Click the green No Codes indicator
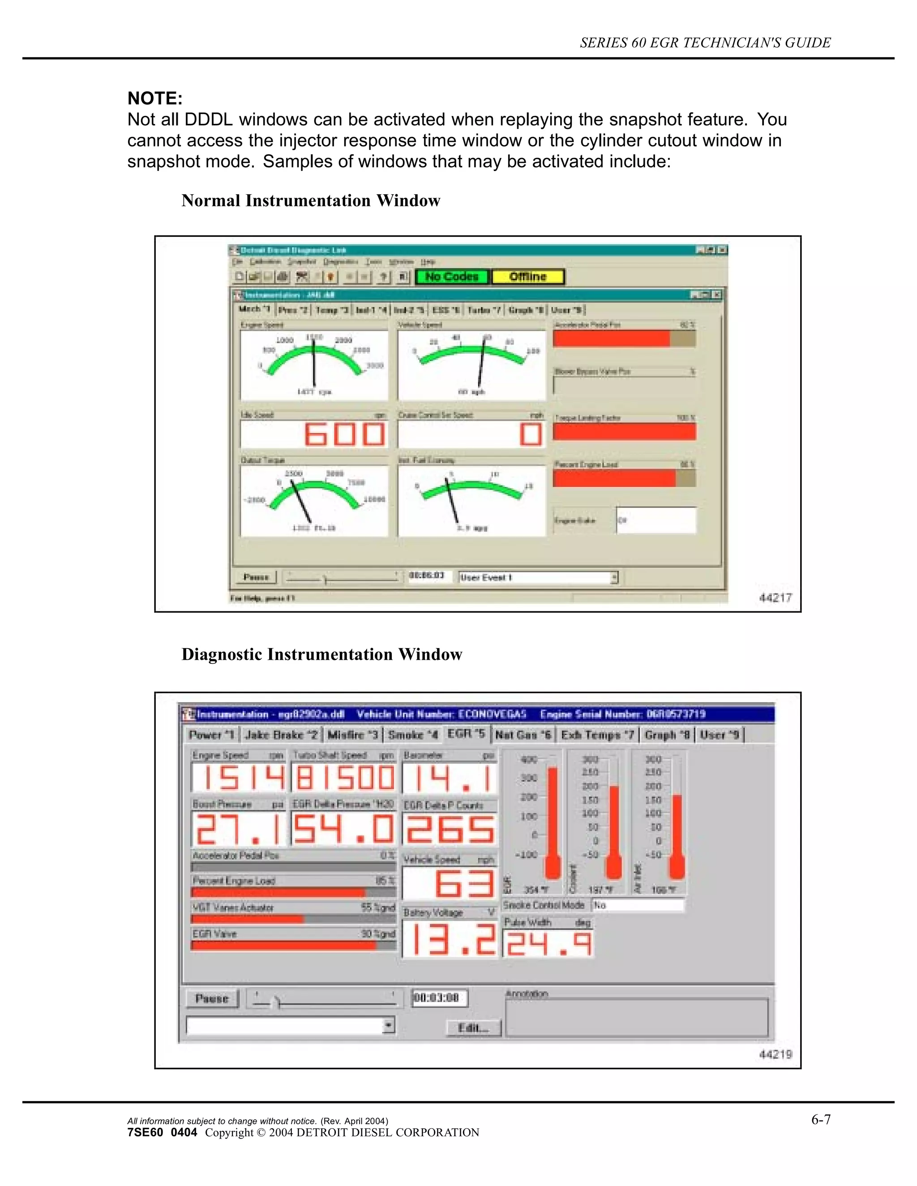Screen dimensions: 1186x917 [x=452, y=277]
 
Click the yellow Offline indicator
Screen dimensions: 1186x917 [x=527, y=277]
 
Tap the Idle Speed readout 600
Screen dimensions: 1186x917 [x=344, y=435]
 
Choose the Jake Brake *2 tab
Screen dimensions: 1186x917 [x=281, y=735]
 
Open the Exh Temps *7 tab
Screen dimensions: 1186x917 [x=597, y=735]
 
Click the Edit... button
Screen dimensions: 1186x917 [x=473, y=1028]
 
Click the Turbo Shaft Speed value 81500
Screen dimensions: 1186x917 [x=344, y=778]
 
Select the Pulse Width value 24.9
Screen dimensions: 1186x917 [x=548, y=944]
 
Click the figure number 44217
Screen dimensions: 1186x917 [x=775, y=598]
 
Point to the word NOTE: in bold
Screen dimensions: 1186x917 [x=155, y=98]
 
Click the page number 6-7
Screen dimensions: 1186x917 [x=821, y=1120]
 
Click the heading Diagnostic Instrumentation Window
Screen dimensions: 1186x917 [x=321, y=654]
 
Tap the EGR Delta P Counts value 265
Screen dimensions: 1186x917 [x=449, y=830]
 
